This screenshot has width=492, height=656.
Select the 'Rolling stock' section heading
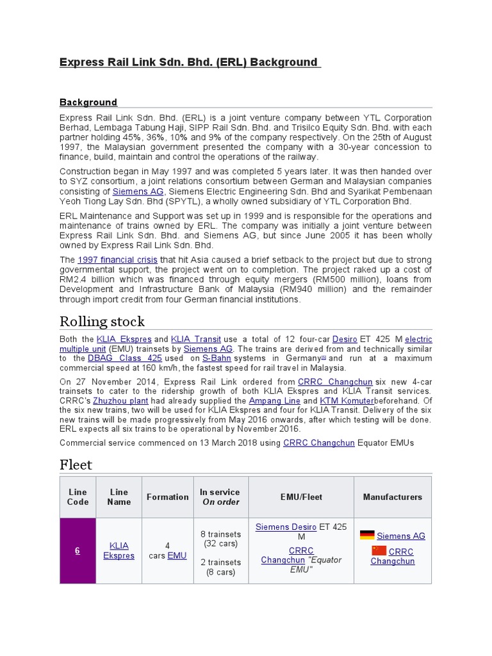pos(102,321)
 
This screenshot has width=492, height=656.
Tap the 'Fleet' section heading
pos(76,464)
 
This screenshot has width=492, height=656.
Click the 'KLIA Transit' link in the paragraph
pos(196,339)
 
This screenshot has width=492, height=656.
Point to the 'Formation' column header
pos(167,497)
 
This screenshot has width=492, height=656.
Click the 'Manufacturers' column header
pos(392,497)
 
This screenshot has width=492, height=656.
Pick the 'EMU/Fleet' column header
pos(301,497)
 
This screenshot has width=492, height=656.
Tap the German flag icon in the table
pos(367,535)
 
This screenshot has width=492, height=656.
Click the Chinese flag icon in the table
pos(379,551)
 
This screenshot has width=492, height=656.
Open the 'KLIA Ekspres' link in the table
pos(119,550)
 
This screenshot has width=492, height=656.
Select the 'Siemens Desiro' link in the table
pos(286,527)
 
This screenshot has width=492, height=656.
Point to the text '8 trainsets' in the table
pos(220,534)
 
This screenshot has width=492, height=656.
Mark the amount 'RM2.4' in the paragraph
pos(72,281)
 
